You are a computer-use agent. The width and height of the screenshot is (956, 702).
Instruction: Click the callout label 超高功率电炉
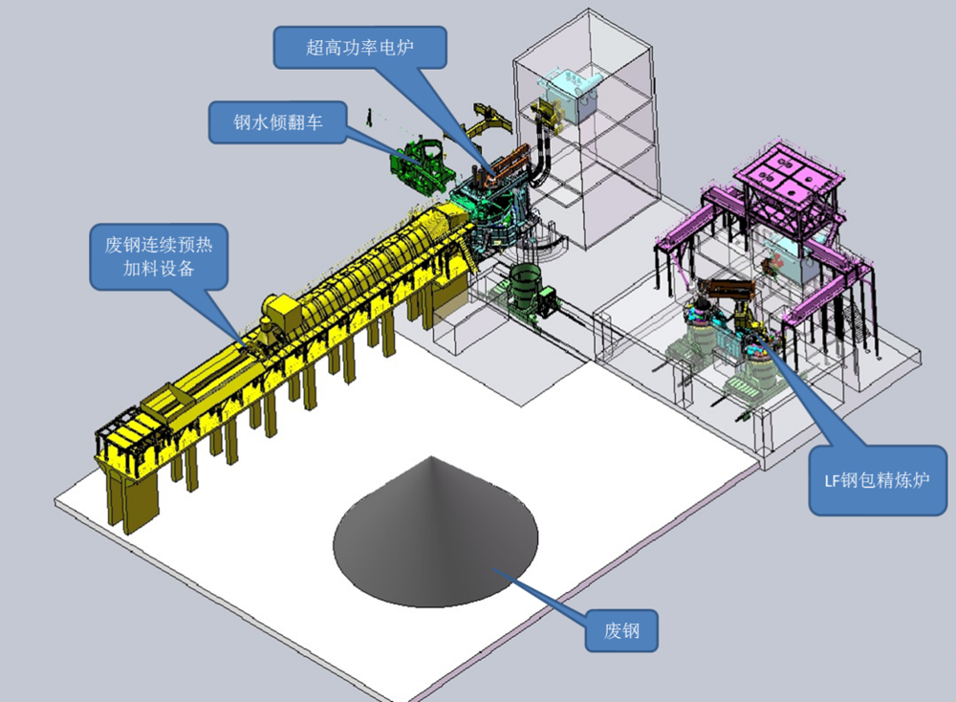(359, 47)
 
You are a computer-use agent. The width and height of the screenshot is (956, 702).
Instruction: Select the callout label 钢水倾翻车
(277, 122)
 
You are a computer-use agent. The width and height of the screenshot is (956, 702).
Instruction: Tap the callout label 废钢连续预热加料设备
(159, 256)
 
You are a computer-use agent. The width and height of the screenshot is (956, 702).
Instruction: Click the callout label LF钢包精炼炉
(877, 481)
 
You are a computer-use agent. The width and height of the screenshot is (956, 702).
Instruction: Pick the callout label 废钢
(621, 630)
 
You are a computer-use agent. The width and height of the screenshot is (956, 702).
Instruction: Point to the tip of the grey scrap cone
(432, 457)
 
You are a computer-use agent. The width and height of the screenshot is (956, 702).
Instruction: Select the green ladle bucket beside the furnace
(524, 288)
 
